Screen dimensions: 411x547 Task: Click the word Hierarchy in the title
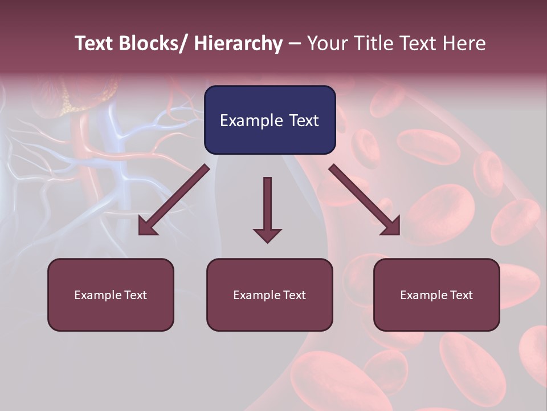238,44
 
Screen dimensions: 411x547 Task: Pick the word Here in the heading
463,44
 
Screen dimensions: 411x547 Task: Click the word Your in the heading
327,44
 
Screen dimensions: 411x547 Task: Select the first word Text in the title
94,44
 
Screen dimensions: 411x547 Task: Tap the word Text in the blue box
303,120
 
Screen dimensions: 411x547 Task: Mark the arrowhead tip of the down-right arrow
399,234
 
